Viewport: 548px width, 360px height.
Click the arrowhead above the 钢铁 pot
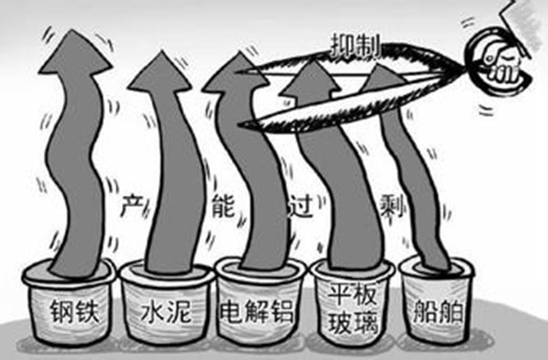(x=74, y=50)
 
